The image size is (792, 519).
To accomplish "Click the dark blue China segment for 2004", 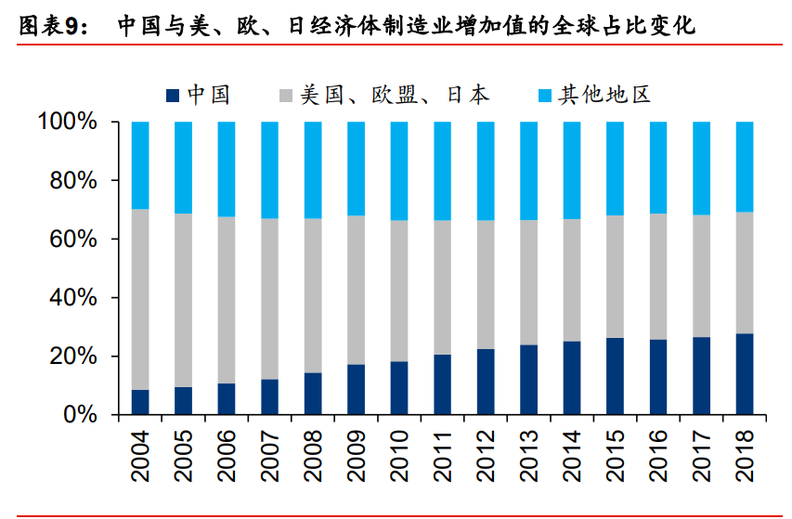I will click(x=140, y=402).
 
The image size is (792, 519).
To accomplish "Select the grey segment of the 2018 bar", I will click(x=745, y=273).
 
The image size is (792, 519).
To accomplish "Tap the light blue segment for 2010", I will click(x=399, y=171).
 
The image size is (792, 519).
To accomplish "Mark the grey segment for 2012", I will click(x=486, y=284).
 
